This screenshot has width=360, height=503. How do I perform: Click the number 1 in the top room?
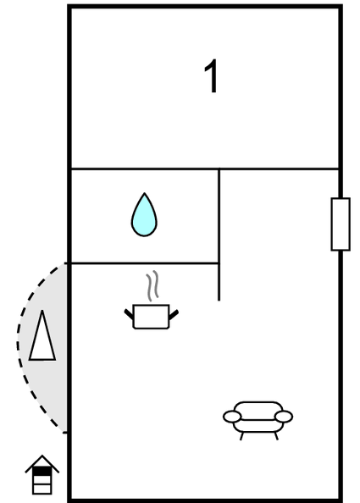212,76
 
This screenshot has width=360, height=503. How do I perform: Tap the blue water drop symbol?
144,215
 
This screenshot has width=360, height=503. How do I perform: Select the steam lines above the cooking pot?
152,286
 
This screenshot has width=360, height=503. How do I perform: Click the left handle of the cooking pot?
129,314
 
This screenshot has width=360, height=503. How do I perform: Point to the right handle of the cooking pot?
174,315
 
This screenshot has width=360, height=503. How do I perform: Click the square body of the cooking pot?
151,317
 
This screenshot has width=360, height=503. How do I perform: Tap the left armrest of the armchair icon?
232,417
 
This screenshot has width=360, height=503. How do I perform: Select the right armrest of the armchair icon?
284,417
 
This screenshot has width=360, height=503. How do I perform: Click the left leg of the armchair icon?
241,436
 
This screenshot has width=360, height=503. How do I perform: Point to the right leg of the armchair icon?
276,436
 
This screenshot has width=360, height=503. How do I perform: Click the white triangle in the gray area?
42,335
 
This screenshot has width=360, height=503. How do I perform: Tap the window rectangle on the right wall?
341,224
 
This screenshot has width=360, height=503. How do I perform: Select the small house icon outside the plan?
42,475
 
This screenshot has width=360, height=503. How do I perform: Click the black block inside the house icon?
42,471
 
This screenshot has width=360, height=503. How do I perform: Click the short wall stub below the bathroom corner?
219,282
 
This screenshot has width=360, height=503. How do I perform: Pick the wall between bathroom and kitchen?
144,263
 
